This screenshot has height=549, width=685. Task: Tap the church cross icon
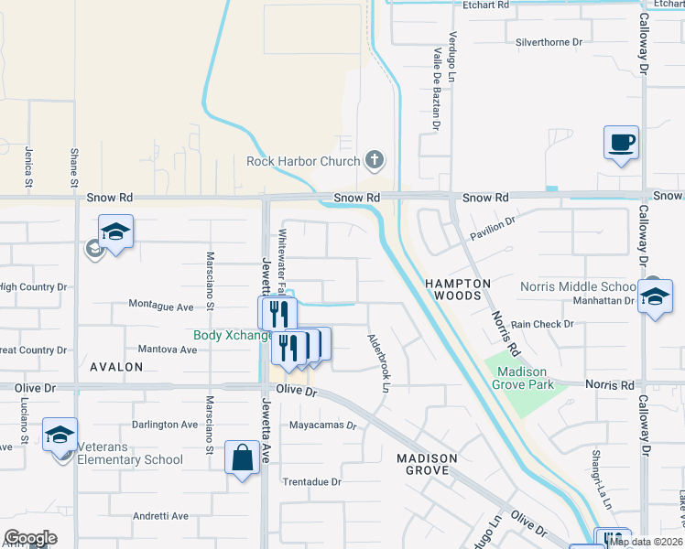(x=373, y=161)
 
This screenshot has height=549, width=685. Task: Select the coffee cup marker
(x=621, y=143)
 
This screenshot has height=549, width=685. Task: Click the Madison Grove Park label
(x=522, y=378)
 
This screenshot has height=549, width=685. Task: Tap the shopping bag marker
(x=242, y=457)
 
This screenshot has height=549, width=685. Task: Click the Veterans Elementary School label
(x=130, y=459)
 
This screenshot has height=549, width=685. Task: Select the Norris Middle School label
(x=578, y=286)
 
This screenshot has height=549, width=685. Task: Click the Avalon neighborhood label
(x=116, y=367)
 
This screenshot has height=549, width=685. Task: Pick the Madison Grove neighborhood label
(x=422, y=464)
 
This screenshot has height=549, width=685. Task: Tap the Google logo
(x=29, y=538)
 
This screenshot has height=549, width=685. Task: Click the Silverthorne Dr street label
(x=549, y=42)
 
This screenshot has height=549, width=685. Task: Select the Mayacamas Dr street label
(x=321, y=425)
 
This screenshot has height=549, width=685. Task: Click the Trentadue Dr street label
(x=311, y=481)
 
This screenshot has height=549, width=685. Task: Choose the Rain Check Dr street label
(x=542, y=324)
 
